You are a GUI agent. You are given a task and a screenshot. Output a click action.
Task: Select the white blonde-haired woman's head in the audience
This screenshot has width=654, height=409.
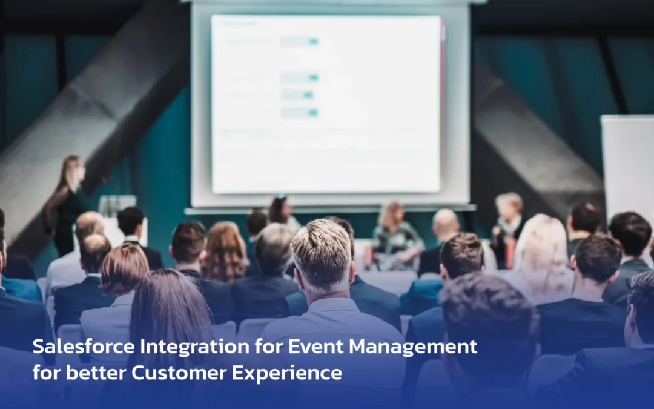pos(541,242)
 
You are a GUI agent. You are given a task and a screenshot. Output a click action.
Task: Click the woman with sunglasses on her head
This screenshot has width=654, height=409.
pos(280,209)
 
